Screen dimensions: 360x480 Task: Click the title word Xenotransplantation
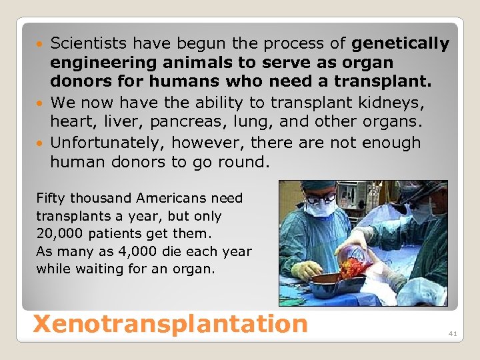pos(170,323)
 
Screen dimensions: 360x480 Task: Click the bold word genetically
pos(400,44)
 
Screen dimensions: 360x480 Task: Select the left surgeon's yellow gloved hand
pos(307,269)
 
